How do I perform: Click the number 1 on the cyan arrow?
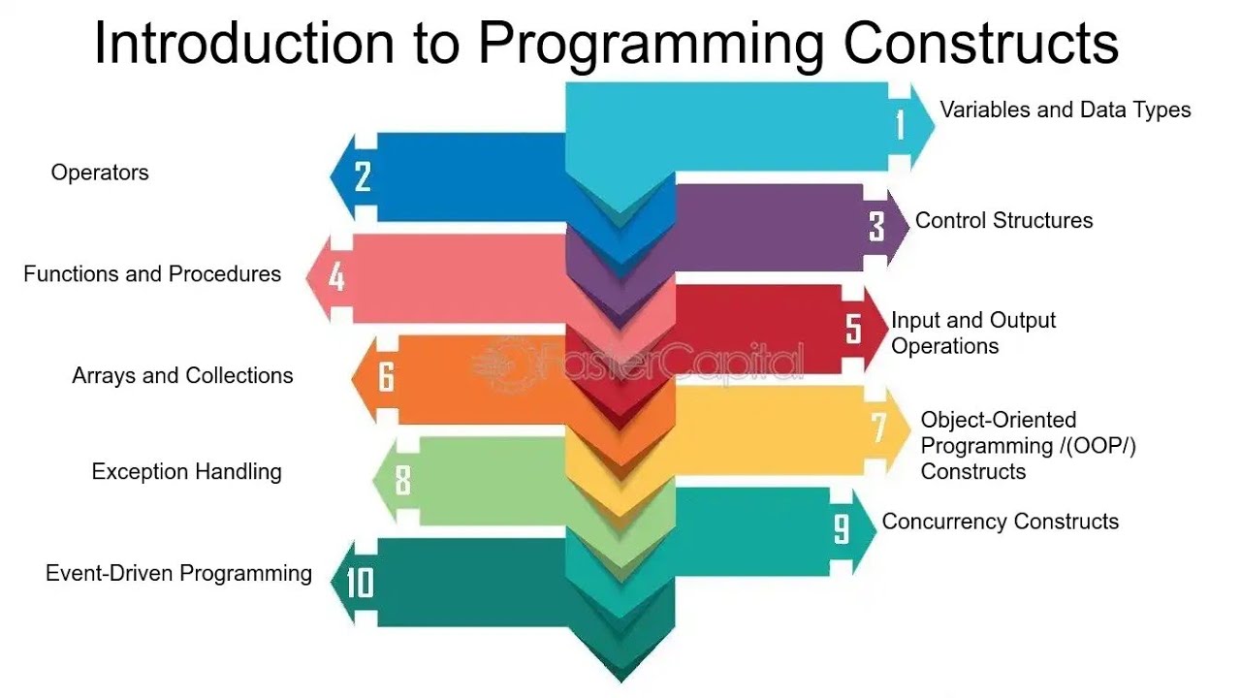coord(900,125)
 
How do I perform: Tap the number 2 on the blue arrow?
coord(363,176)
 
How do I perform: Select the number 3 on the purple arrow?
coord(876,226)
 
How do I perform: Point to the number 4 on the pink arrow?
coord(336,277)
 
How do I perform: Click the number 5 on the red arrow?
coord(853,328)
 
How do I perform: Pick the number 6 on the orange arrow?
coord(386,377)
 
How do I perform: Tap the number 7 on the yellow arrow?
coord(878,428)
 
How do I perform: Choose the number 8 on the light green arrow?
coord(403,480)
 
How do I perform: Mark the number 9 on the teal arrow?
coord(842,529)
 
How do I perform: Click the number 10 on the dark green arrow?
coord(359,583)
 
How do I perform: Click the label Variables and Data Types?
coord(1066,110)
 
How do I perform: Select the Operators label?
coord(100,173)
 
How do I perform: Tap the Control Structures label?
coord(1003,220)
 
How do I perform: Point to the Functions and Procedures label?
coord(152,274)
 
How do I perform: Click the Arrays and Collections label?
coord(182,375)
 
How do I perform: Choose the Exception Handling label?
coord(186,472)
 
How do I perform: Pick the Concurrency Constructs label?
coord(1000,522)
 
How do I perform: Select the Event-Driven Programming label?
coord(178,573)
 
